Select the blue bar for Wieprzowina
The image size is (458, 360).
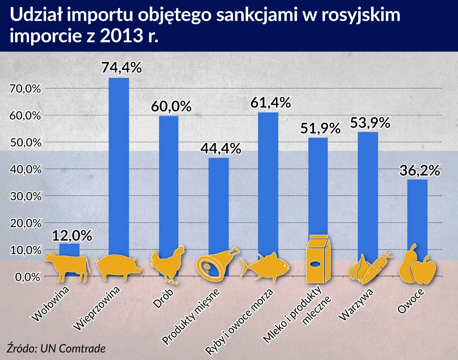click(119, 164)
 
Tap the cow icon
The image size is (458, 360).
click(67, 267)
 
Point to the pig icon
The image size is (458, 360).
click(119, 268)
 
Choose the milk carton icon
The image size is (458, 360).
click(319, 259)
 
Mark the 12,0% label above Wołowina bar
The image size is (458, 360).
click(72, 236)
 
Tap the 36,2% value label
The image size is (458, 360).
click(419, 170)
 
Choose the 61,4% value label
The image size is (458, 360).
click(270, 103)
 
